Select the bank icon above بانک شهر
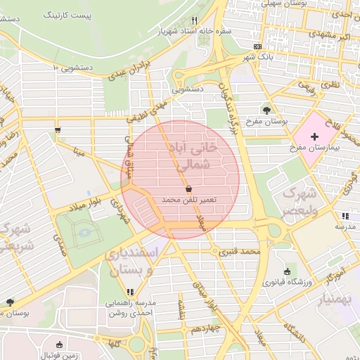pos(257,46)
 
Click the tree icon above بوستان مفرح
pos(266,110)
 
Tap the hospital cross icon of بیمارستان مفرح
pos(314,134)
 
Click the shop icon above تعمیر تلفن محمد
pos(188,190)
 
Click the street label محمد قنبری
pos(239,250)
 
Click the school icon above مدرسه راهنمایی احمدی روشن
pos(129,292)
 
